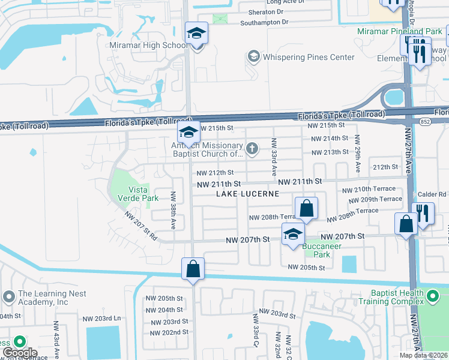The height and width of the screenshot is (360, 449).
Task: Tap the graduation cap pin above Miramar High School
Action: click(196, 34)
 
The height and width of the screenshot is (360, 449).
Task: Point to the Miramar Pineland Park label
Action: click(399, 31)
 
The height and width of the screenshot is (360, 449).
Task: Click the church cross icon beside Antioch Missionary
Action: click(253, 148)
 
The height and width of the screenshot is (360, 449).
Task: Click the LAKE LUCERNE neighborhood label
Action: click(248, 194)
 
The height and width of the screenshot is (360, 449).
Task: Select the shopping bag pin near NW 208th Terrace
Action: click(306, 209)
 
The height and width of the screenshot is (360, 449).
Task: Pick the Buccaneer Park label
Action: click(321, 250)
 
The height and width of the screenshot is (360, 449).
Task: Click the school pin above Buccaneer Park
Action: click(293, 234)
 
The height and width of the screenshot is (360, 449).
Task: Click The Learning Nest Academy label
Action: click(52, 298)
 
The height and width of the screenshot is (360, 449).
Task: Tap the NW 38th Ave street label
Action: click(173, 210)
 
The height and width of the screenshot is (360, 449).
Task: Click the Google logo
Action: click(20, 353)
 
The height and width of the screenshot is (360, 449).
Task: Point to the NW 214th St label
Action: click(328, 139)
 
